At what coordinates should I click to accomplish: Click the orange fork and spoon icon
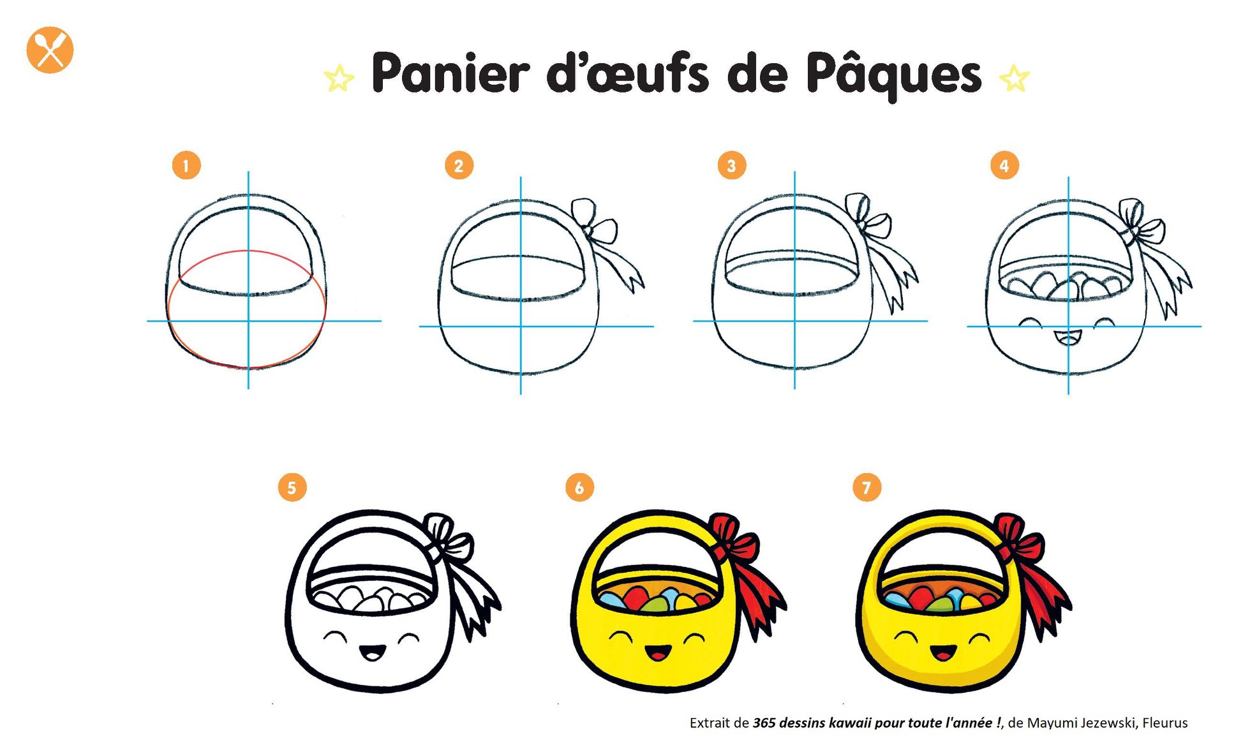[x=50, y=50]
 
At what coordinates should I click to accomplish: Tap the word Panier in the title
[x=450, y=73]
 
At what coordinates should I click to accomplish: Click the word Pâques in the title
[x=893, y=75]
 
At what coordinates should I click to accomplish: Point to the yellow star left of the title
[x=339, y=78]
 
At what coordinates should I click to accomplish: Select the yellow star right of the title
[x=1015, y=78]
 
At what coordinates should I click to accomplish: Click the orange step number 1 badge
[x=186, y=166]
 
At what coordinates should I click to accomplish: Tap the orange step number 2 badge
[x=459, y=166]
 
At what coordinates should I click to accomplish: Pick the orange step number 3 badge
[x=731, y=166]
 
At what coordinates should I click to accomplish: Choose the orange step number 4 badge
[x=1004, y=166]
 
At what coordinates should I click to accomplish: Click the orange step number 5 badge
[x=292, y=488]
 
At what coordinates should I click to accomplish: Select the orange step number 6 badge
[x=579, y=488]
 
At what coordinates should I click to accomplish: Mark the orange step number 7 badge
[x=867, y=488]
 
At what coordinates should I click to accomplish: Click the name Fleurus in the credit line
[x=1164, y=723]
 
